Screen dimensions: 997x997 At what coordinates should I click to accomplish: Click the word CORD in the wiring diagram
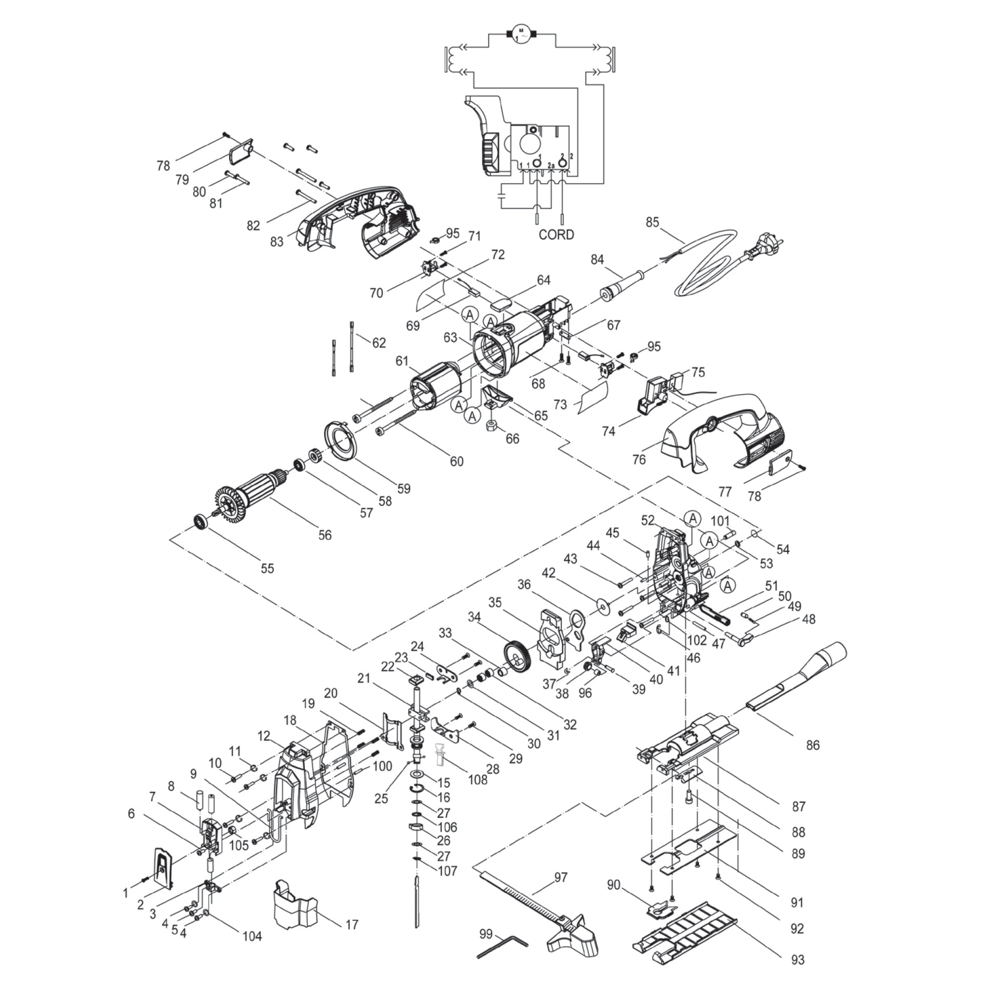pyautogui.click(x=556, y=235)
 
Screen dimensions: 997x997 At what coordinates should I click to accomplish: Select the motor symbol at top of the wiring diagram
pyautogui.click(x=521, y=34)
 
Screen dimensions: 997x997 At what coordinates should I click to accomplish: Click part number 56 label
pyautogui.click(x=325, y=535)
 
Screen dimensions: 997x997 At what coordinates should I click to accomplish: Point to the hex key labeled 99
pyautogui.click(x=502, y=940)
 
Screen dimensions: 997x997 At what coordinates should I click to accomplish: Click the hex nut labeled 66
pyautogui.click(x=492, y=426)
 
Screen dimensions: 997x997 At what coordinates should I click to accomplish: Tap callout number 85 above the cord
pyautogui.click(x=652, y=222)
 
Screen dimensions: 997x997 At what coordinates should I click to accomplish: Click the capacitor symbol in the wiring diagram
pyautogui.click(x=502, y=197)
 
